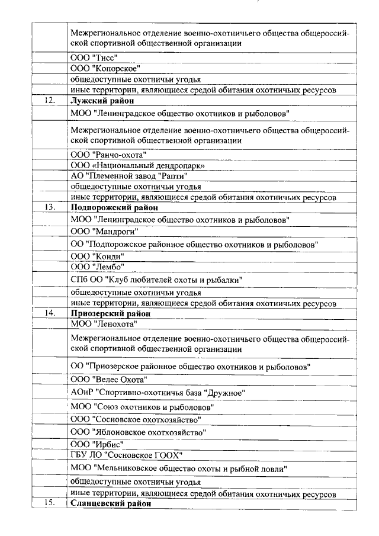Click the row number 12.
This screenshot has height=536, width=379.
pos(50,100)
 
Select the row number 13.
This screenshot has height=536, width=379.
pos(50,207)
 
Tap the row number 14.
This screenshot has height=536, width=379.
pos(50,313)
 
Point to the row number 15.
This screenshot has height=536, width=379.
pos(50,503)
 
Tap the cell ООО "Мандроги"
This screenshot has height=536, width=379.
pos(104,230)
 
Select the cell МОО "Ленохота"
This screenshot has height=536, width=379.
pos(104,324)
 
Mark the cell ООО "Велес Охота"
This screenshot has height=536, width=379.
pos(108,379)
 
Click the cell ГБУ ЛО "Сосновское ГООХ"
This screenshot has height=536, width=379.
pos(126,455)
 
